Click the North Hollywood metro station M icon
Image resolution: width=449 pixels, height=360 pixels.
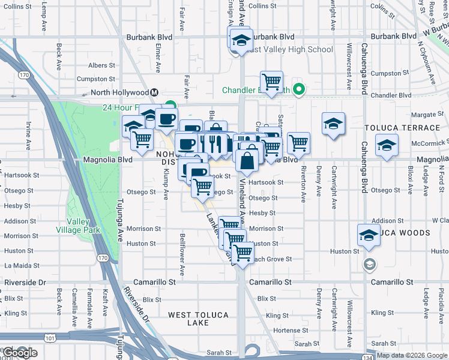coord(154,92)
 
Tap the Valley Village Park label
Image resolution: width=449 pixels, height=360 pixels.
coord(77,225)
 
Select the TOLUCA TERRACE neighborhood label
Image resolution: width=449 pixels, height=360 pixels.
coord(403,128)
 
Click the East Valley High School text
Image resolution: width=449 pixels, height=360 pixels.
coord(291,49)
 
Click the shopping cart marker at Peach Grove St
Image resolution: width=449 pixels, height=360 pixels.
coord(243,253)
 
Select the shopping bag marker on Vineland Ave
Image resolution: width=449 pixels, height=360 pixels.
coord(247,160)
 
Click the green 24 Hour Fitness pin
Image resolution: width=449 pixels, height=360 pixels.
coord(170,106)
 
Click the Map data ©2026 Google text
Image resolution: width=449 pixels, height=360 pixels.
coord(411,355)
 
